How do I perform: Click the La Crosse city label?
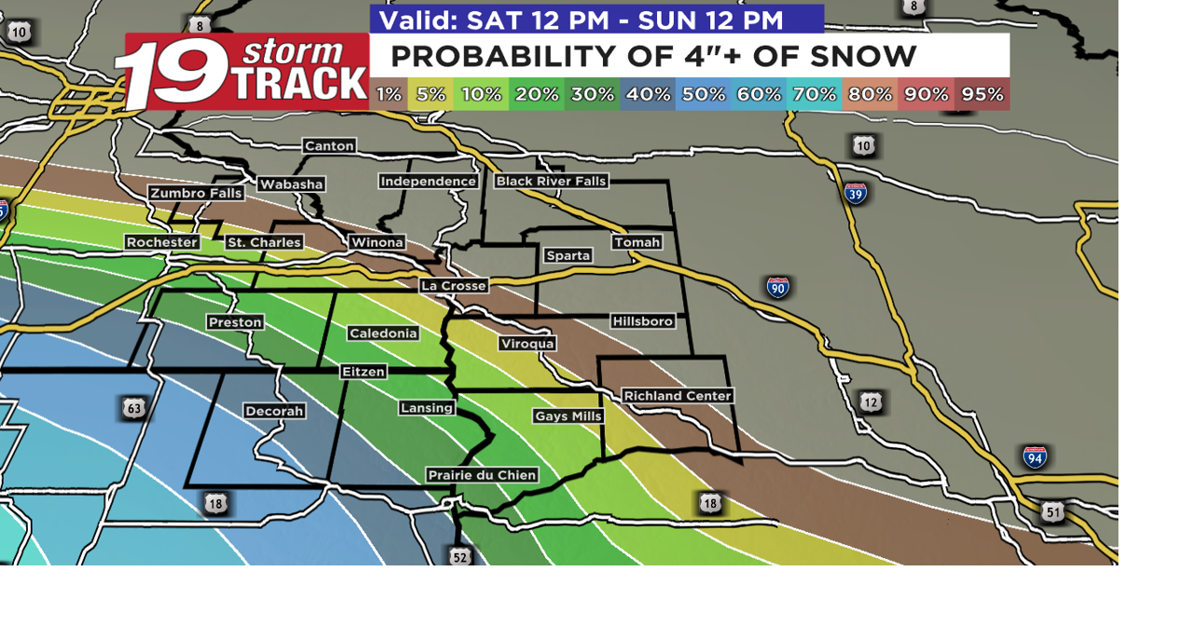454,286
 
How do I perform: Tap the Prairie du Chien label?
483,475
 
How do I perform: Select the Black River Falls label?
551,181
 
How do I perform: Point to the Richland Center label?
678,396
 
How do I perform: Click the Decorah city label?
274,411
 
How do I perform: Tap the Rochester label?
162,242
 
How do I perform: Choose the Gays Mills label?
569,416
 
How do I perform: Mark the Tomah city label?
638,242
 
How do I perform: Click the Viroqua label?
528,344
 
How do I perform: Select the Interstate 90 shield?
778,287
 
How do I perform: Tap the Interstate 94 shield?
1035,456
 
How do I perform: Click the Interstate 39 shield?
856,193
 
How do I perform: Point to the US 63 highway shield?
133,408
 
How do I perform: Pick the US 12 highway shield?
871,402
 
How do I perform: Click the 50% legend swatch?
703,94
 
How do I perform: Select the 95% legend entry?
982,94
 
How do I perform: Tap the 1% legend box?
390,94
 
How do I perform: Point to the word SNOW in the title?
863,57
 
